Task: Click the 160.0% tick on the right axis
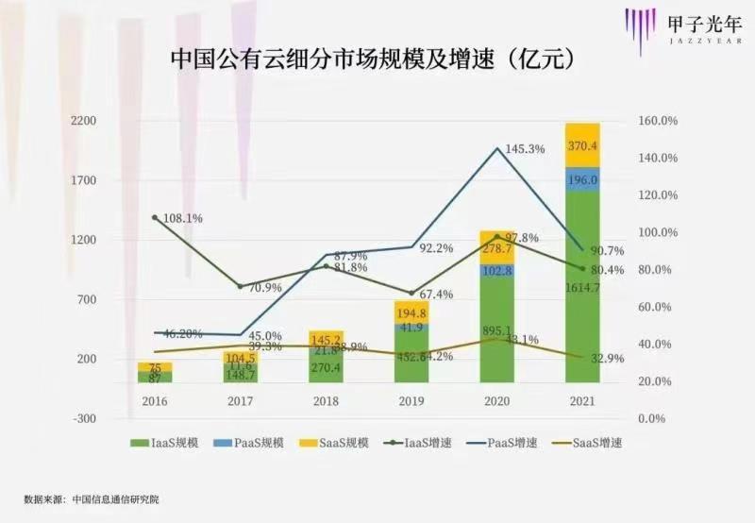[661, 122]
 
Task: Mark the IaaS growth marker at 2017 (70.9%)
[240, 286]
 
